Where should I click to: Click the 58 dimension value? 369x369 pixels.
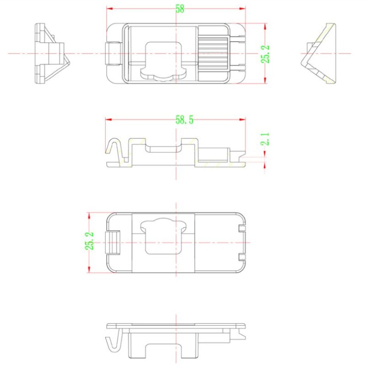click(179, 9)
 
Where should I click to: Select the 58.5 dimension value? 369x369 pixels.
click(184, 120)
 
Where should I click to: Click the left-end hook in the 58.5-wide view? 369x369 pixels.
click(113, 148)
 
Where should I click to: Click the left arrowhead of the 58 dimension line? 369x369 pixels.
click(109, 8)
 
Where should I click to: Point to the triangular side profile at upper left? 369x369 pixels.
click(50, 54)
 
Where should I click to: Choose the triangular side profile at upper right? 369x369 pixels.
click(321, 54)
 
